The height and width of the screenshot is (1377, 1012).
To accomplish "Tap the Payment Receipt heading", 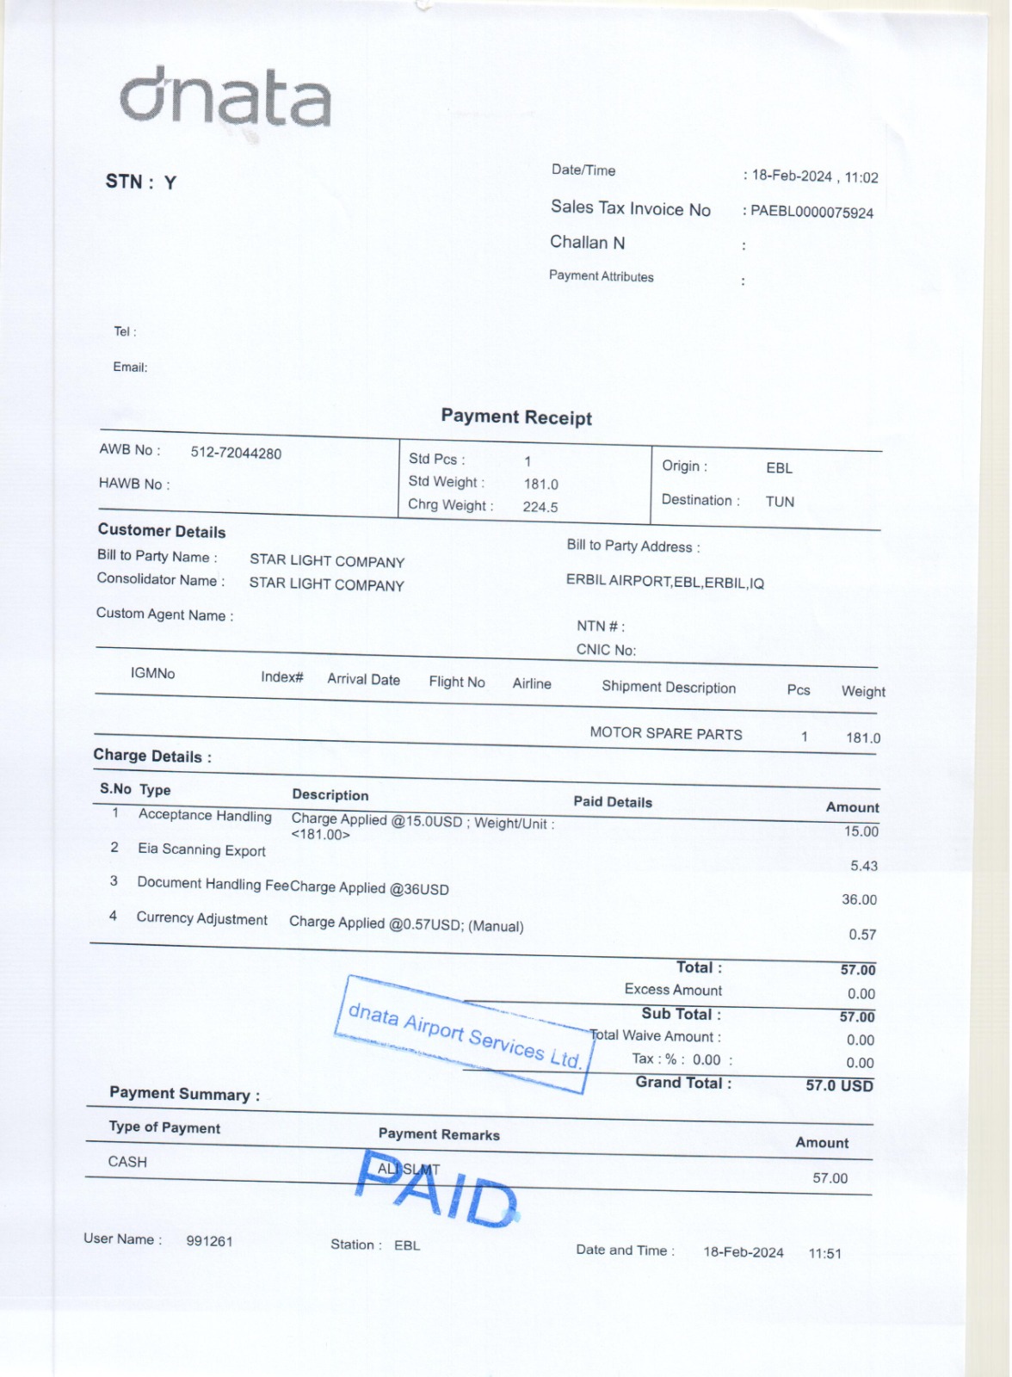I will (516, 417).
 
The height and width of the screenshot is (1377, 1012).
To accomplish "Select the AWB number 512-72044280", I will (236, 454).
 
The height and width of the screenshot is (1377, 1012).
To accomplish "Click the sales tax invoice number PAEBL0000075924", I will (811, 212).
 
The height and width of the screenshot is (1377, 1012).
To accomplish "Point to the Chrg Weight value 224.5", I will (540, 507).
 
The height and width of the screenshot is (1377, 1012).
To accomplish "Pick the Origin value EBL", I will (779, 468).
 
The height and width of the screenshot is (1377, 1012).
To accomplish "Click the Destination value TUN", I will (780, 502).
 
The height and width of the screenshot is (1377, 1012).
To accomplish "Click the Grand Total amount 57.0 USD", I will (839, 1085).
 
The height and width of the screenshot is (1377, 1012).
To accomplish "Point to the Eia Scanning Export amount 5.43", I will (864, 866).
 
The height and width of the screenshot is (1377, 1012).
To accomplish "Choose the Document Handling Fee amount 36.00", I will (859, 899).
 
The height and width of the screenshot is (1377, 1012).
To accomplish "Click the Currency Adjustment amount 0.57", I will (862, 935).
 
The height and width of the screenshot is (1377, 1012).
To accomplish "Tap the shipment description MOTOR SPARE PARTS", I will (665, 734).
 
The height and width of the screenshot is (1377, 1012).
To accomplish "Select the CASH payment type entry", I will (127, 1162).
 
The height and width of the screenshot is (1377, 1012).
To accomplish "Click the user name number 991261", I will (209, 1241).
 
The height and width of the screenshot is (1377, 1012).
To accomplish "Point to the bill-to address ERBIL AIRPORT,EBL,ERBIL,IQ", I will (664, 582).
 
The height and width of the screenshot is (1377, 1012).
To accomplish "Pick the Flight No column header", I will (457, 682).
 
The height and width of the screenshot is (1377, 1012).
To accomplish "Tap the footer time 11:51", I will (824, 1253).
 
